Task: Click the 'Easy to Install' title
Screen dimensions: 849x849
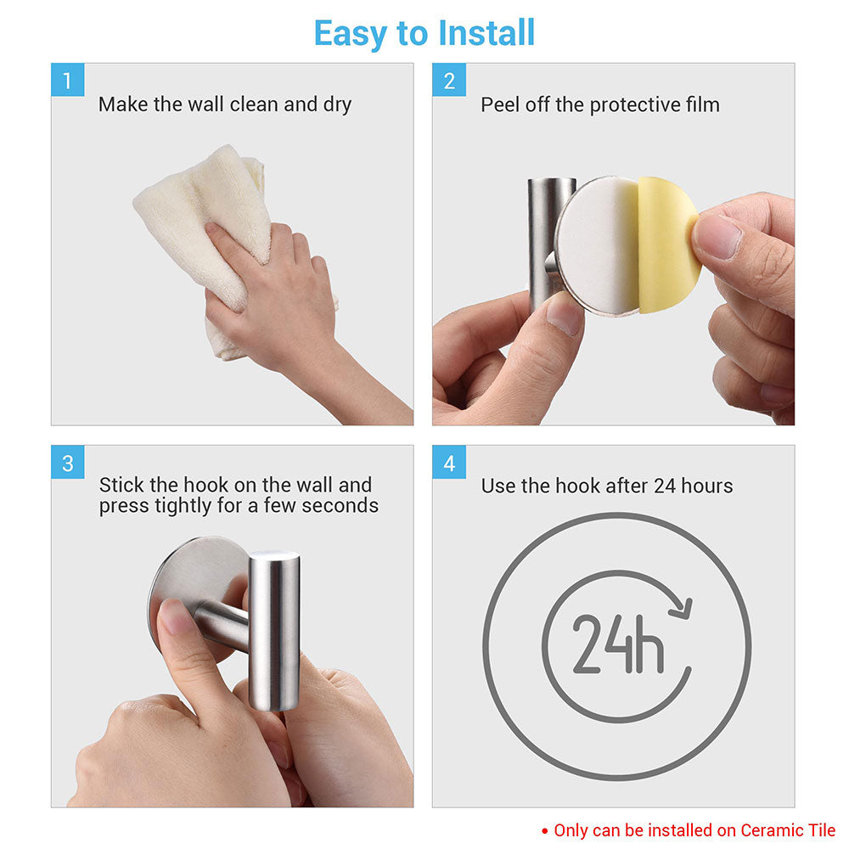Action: pyautogui.click(x=424, y=33)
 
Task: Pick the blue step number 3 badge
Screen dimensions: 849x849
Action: pyautogui.click(x=67, y=463)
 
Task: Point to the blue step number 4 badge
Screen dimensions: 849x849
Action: pyautogui.click(x=449, y=463)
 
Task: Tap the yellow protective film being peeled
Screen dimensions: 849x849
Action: pyautogui.click(x=667, y=242)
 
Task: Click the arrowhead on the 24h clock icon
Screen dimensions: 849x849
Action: pyautogui.click(x=682, y=609)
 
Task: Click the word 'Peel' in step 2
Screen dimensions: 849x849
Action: pyautogui.click(x=499, y=105)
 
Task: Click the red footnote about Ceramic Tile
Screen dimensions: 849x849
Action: pyautogui.click(x=694, y=830)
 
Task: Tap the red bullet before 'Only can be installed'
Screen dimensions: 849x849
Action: pyautogui.click(x=545, y=831)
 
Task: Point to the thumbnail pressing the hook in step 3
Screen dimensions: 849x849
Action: pyautogui.click(x=177, y=618)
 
